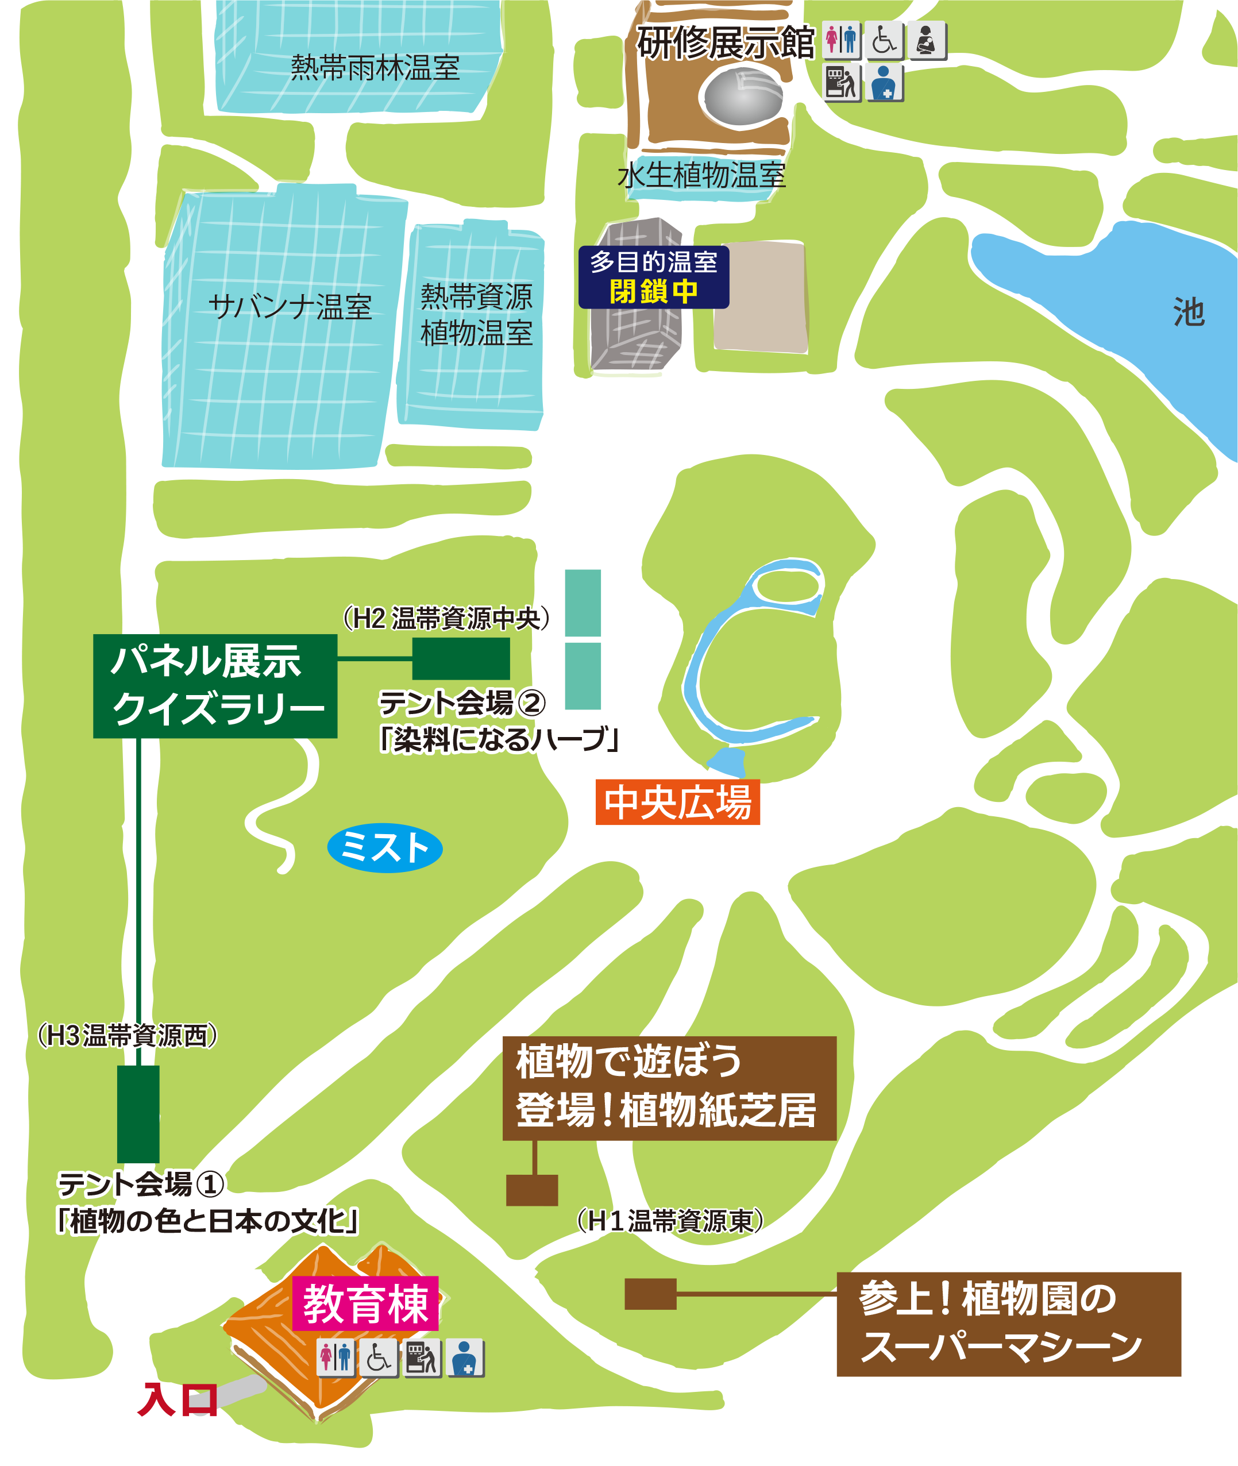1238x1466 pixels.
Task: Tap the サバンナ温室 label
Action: click(290, 307)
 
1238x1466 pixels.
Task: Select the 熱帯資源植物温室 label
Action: click(477, 314)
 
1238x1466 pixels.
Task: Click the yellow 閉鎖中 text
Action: click(653, 291)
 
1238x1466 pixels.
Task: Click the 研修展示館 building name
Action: click(725, 43)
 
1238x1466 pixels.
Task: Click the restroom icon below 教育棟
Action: click(335, 1357)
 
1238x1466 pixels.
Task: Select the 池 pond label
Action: click(1189, 311)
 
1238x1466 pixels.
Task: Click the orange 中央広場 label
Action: click(677, 801)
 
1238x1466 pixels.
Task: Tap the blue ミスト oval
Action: click(384, 848)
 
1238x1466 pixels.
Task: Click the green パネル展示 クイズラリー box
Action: click(215, 686)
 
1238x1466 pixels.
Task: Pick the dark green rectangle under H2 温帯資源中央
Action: click(460, 658)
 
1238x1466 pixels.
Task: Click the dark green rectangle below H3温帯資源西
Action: click(138, 1114)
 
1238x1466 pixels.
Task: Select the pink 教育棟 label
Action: click(365, 1304)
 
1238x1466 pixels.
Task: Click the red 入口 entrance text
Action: click(178, 1400)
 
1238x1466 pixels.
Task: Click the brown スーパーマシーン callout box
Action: click(1009, 1324)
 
